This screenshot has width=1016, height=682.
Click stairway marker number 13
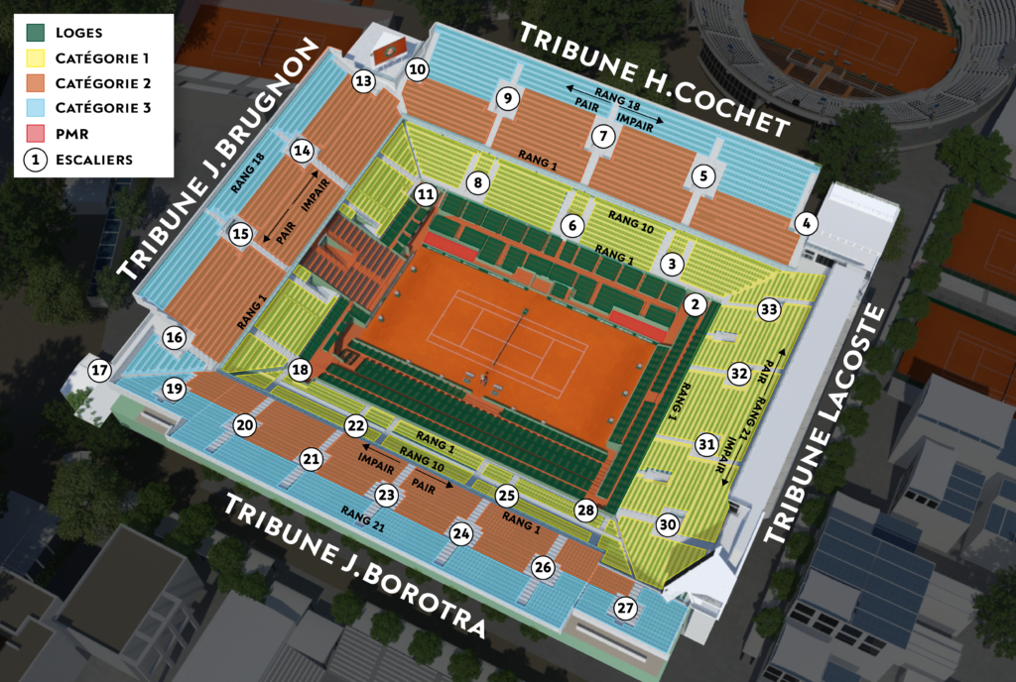(364, 81)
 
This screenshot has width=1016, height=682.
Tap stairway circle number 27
(624, 609)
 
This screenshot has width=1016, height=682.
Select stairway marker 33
(767, 309)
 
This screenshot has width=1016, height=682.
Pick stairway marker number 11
(426, 194)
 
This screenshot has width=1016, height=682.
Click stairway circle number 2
(696, 304)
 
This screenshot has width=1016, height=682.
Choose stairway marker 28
(585, 511)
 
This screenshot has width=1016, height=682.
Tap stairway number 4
(807, 224)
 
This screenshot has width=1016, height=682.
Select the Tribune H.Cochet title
(655, 77)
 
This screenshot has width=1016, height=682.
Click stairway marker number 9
(507, 98)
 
